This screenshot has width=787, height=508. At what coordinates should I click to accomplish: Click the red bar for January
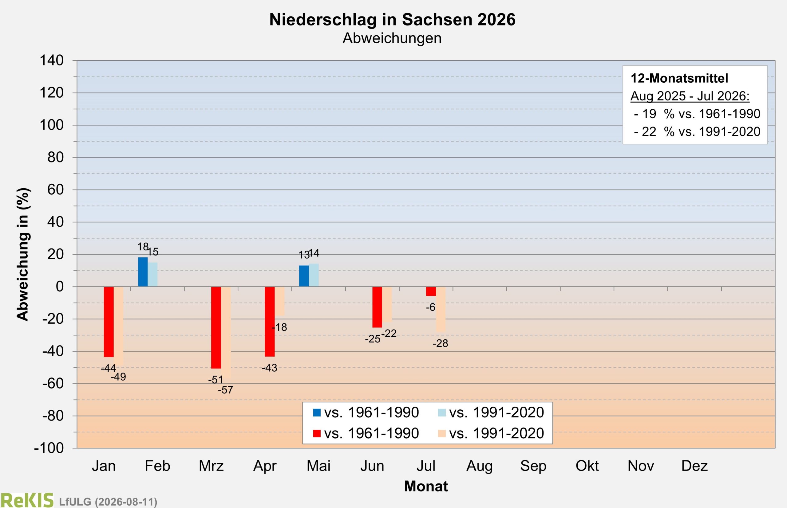[109, 322]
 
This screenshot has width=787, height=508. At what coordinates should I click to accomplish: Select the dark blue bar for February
[143, 272]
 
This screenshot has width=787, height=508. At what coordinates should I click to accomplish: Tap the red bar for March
[216, 328]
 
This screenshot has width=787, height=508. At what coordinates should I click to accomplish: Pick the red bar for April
[270, 322]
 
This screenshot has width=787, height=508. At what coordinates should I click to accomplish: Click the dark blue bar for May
[304, 276]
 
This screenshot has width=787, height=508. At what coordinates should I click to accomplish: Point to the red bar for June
[377, 307]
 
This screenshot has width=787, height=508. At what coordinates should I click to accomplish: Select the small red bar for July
[431, 291]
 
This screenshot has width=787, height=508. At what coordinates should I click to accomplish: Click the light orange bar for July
[441, 309]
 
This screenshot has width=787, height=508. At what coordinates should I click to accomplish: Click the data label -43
[269, 368]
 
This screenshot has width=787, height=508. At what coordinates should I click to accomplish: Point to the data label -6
[430, 307]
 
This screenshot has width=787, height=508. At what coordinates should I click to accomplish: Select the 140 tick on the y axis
[52, 61]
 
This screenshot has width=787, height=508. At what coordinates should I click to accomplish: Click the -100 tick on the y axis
[49, 448]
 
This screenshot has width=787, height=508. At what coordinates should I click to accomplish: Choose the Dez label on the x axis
[694, 466]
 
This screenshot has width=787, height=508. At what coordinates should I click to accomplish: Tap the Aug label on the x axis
[479, 466]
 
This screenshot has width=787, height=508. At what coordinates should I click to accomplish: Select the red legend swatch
[317, 433]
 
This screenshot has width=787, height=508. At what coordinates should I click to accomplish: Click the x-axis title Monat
[426, 486]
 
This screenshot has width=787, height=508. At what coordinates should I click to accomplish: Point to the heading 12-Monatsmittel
[679, 78]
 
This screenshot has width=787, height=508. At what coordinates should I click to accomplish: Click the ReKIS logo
[27, 500]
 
